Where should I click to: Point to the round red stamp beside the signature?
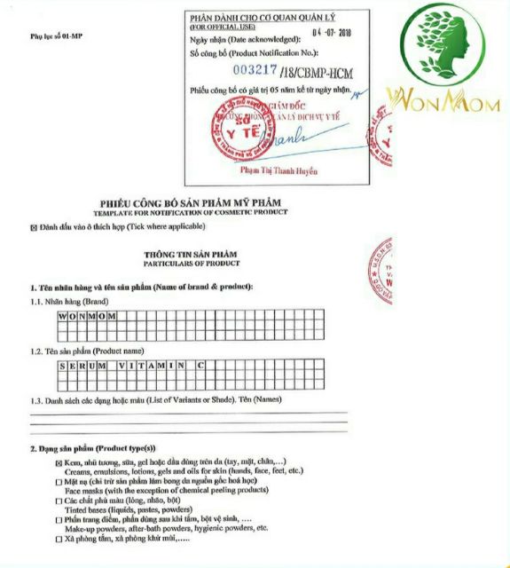pyautogui.click(x=233, y=134)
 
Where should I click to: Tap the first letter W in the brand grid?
pyautogui.click(x=63, y=316)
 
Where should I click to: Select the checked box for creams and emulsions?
pyautogui.click(x=59, y=462)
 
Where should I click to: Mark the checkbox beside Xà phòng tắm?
pyautogui.click(x=59, y=538)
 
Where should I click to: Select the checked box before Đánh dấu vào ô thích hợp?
pyautogui.click(x=34, y=227)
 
